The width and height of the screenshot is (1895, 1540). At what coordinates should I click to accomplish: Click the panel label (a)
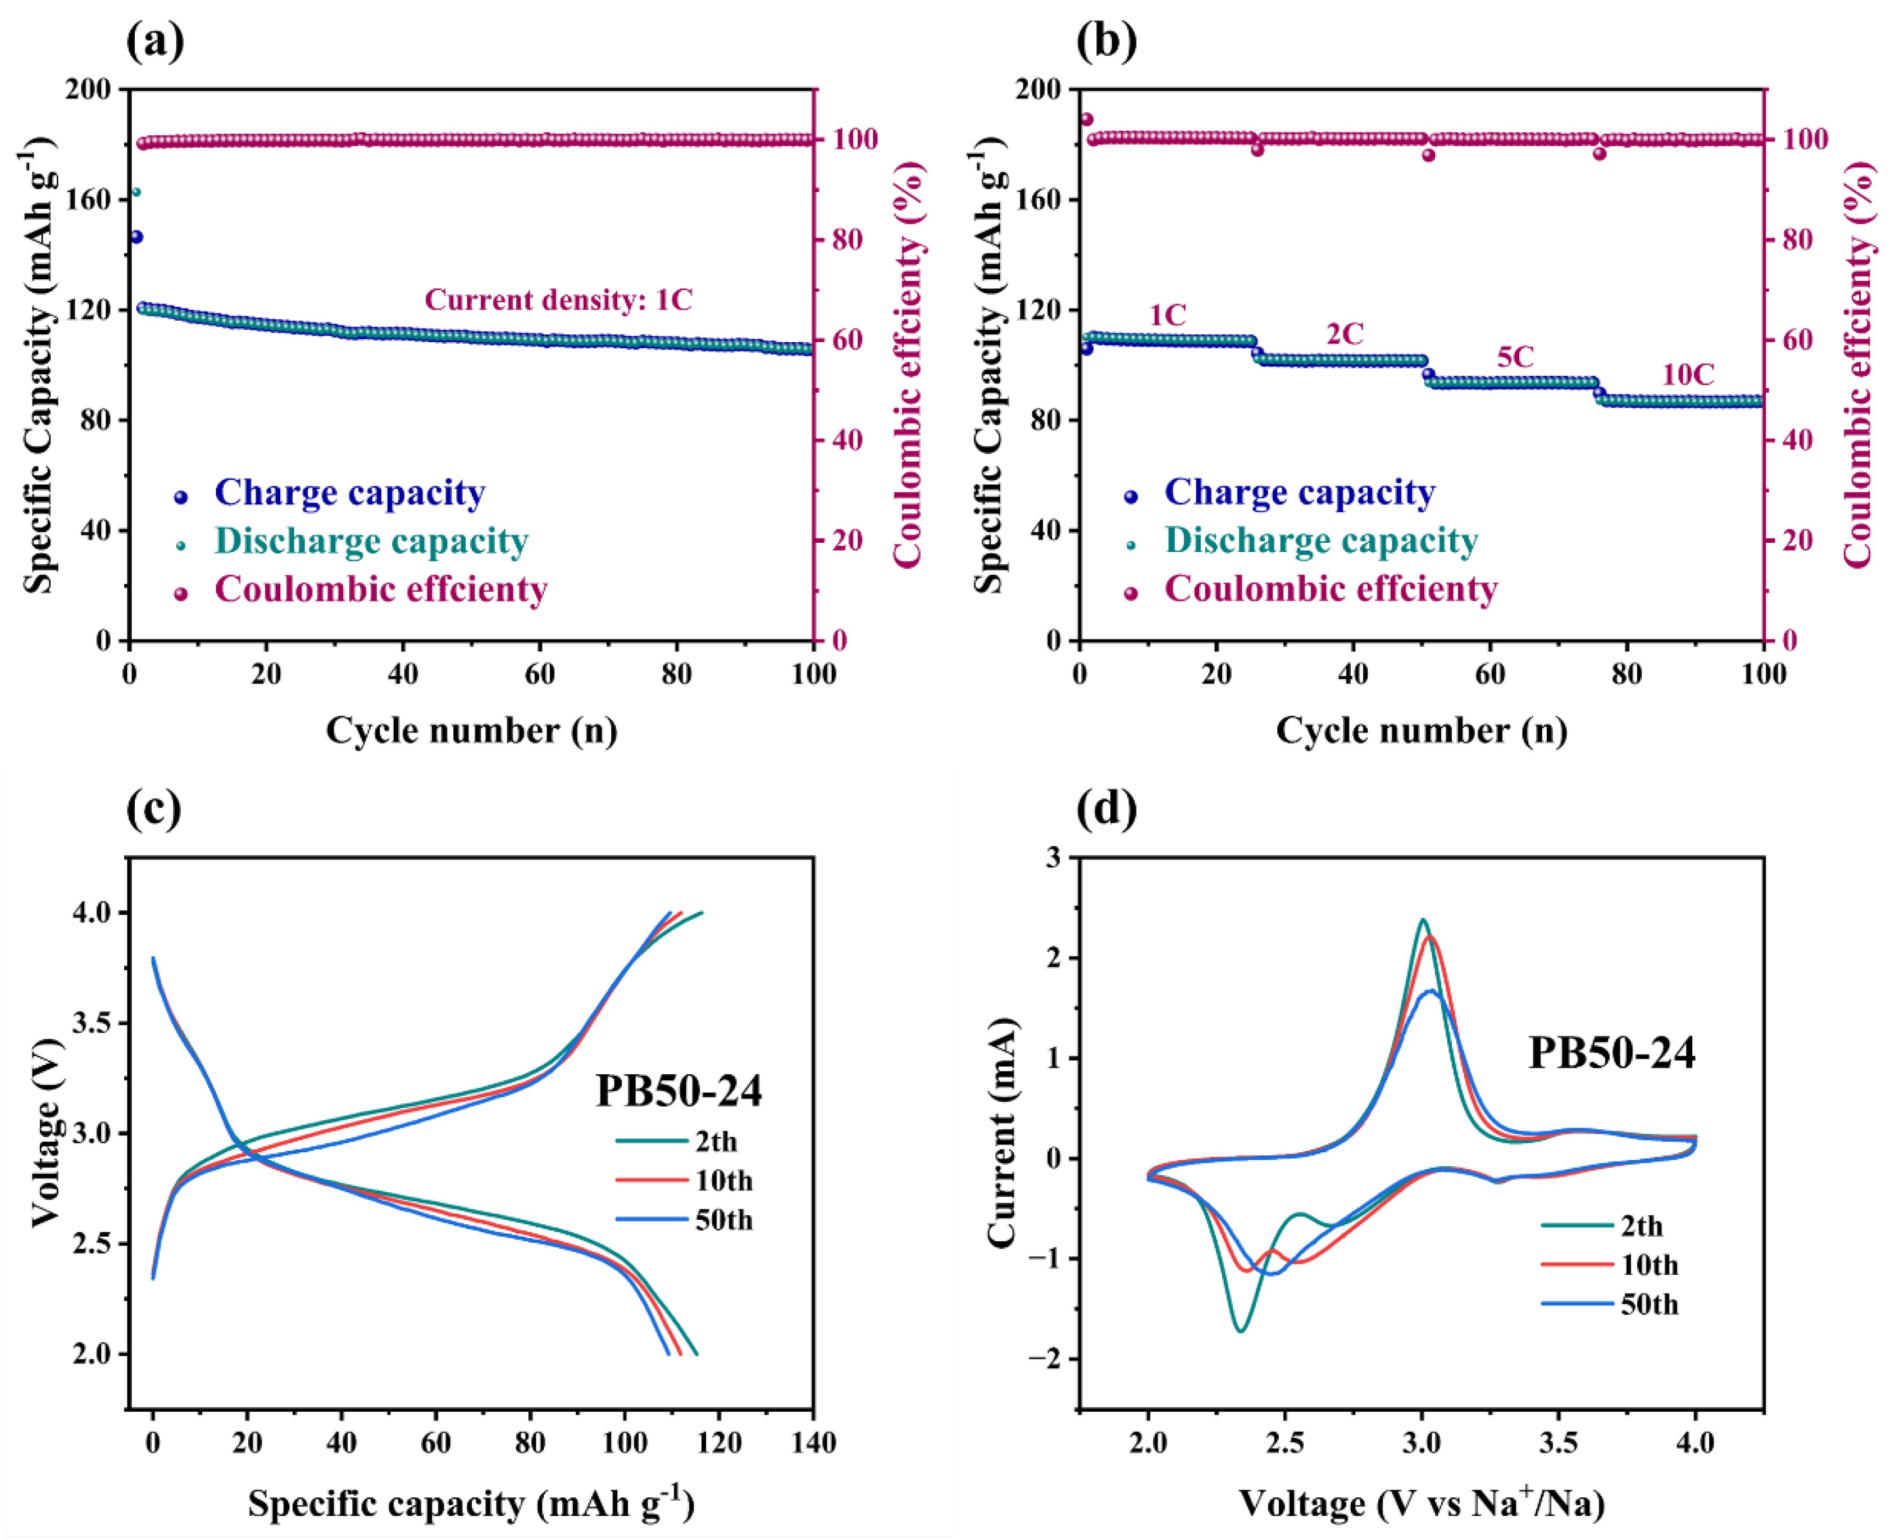[155, 41]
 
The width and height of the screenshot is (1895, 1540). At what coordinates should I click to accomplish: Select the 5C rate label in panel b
[1515, 357]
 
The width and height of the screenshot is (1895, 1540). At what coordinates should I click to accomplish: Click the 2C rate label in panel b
[1345, 334]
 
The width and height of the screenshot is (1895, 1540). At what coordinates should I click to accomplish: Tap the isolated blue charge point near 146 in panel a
[136, 237]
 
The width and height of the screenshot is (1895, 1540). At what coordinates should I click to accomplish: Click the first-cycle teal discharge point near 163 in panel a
[136, 192]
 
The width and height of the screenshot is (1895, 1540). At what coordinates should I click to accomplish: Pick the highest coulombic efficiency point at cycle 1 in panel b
[1086, 119]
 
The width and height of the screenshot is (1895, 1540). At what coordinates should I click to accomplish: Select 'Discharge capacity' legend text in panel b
[1320, 540]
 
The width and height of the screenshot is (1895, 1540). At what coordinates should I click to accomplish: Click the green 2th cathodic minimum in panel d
[1241, 1330]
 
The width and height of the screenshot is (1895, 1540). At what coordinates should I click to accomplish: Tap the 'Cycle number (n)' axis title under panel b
[1422, 730]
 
